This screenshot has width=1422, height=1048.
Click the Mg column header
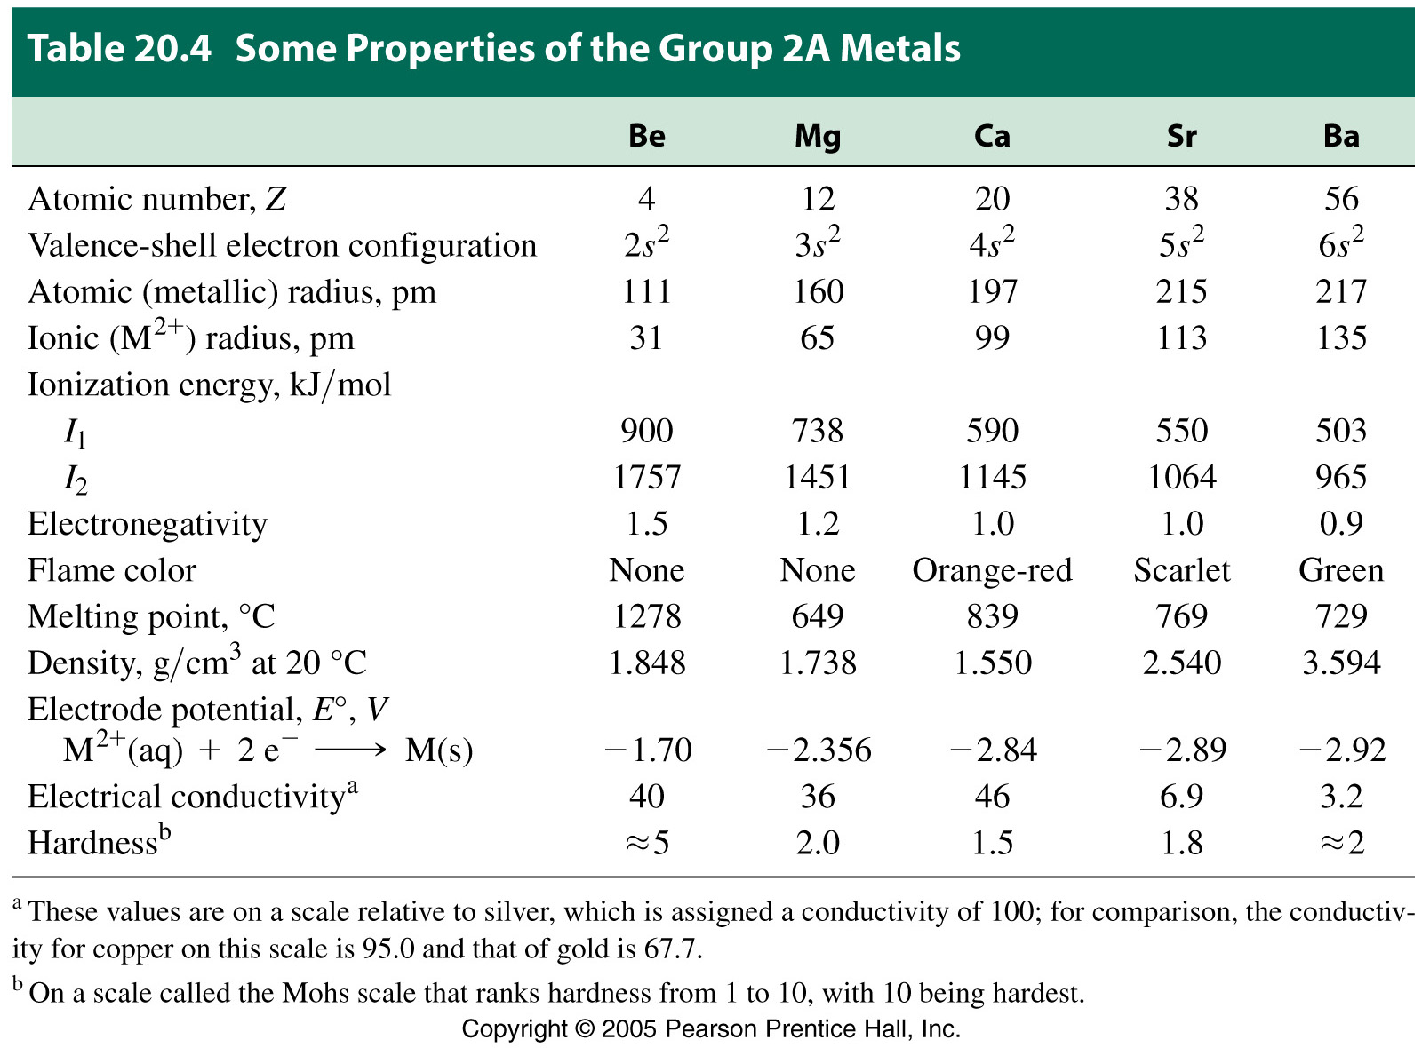817,136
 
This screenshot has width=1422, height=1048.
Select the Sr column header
1181,136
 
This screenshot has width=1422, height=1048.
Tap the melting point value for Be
646,616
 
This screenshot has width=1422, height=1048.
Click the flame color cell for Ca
992,570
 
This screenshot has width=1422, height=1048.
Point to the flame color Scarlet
1181,570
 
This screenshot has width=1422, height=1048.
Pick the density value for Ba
1340,663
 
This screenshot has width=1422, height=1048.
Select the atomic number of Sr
1181,199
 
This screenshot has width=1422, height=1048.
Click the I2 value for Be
646,478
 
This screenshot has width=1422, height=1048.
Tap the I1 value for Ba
1340,431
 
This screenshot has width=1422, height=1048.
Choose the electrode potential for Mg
819,750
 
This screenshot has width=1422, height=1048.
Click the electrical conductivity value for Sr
1181,797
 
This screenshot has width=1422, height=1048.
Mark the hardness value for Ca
992,843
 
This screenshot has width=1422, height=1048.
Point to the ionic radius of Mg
817,338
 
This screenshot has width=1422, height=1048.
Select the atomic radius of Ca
992,291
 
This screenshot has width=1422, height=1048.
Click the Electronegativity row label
148,524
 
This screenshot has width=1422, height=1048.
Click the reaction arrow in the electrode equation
351,750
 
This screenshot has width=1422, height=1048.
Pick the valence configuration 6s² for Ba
1340,243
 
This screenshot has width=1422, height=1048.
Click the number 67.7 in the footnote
671,949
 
